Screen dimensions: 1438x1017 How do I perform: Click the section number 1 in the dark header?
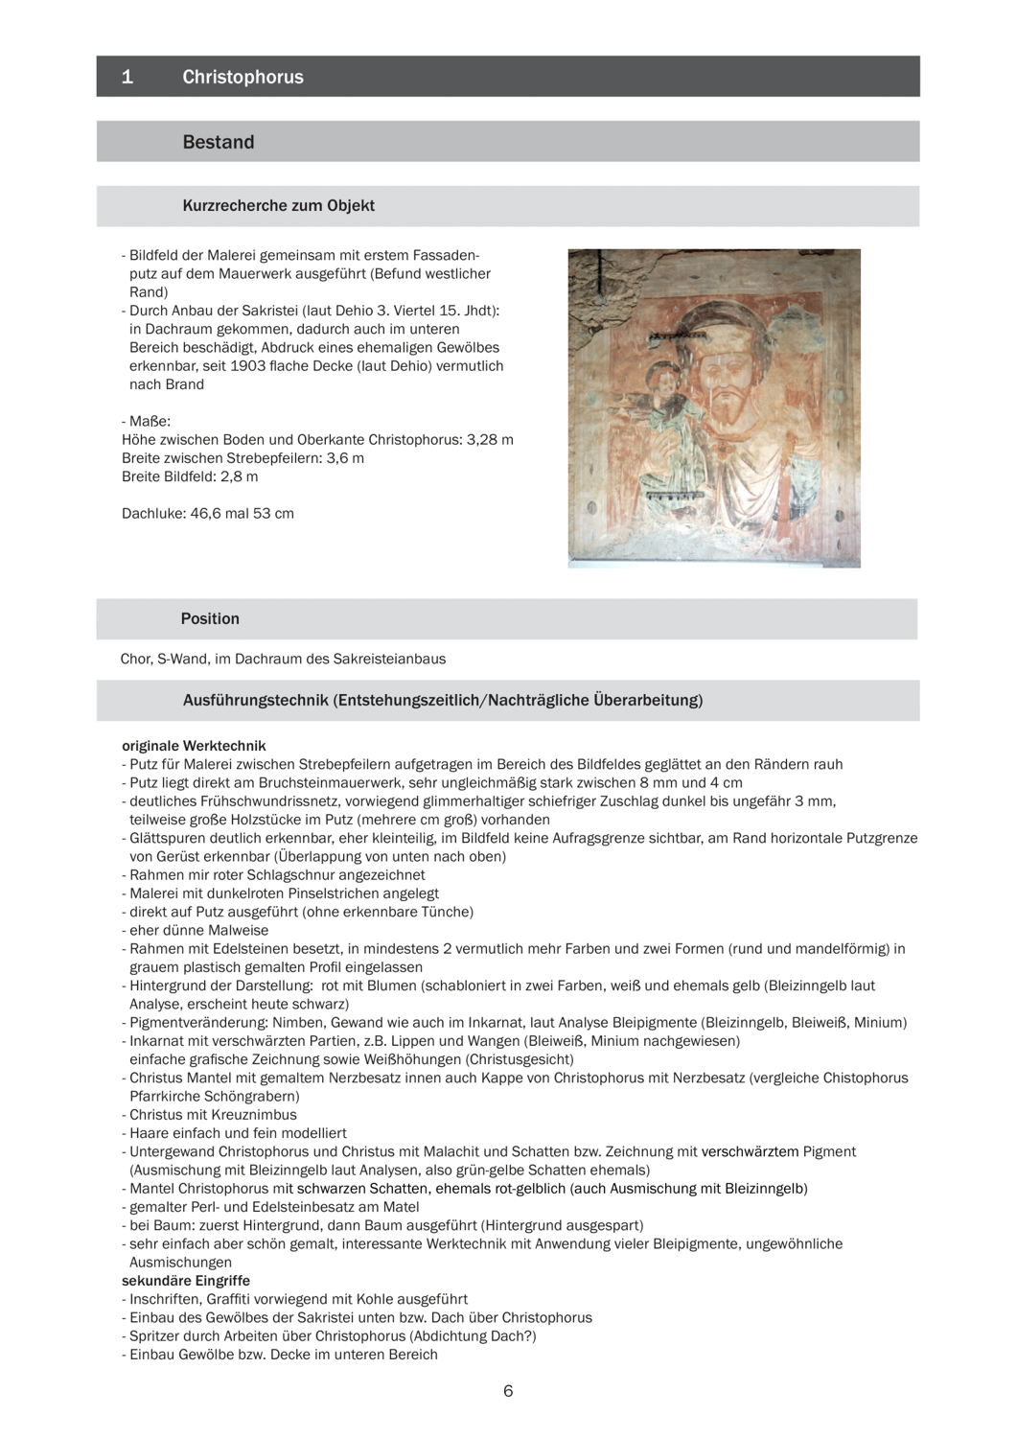127,77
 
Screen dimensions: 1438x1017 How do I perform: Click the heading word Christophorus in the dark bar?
243,77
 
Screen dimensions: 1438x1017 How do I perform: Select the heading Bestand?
219,142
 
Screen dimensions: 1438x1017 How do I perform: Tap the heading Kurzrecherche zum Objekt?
278,205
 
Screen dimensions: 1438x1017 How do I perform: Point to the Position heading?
210,618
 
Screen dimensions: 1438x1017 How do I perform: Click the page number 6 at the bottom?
508,1391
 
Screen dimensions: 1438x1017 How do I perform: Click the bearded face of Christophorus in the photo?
728,383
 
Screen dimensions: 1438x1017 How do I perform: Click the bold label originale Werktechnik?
194,745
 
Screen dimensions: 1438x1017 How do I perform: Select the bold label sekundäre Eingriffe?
185,1280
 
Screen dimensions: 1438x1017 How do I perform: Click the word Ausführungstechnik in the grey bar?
254,700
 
